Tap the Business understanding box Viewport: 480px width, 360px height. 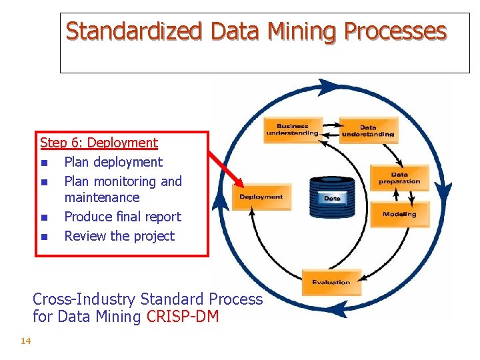[293, 130]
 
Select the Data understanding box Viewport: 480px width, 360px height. [368, 131]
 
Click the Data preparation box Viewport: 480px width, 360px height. [399, 178]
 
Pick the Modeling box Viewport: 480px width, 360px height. [400, 215]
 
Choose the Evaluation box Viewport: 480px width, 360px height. [331, 281]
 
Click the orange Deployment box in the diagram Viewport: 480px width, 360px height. [261, 197]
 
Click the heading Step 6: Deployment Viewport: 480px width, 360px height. [99, 143]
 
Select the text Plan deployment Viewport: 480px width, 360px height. [113, 162]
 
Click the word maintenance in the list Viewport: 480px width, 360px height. [101, 197]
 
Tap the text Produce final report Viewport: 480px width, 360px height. [122, 217]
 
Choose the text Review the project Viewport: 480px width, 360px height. [119, 236]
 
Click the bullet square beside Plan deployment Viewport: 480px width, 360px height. [43, 163]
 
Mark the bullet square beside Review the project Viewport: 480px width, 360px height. [43, 237]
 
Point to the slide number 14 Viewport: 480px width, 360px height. [26, 341]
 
